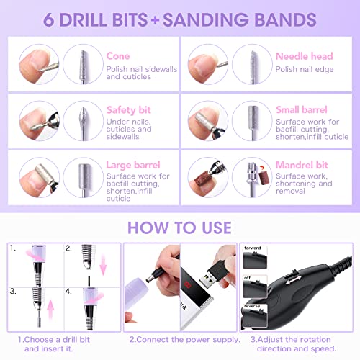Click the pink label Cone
coord(117,55)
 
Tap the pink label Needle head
coord(303,55)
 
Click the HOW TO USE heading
coord(179,228)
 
